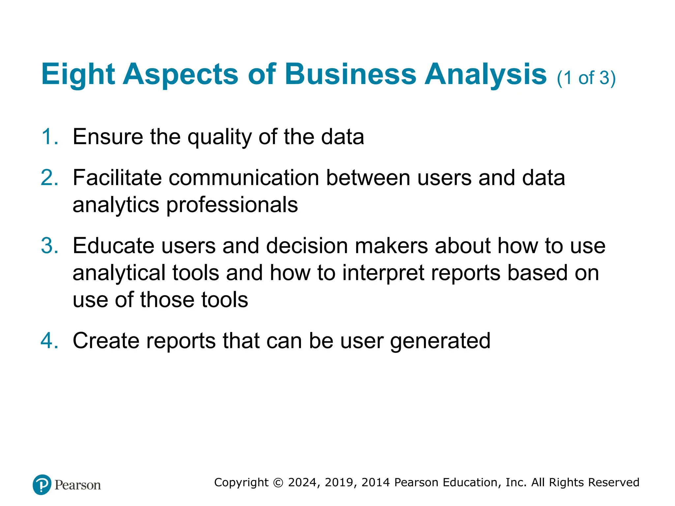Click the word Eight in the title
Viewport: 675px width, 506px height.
tap(78, 74)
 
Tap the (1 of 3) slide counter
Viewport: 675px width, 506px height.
tap(586, 78)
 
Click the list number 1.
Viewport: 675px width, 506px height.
tap(49, 137)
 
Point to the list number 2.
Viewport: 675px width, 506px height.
tap(49, 178)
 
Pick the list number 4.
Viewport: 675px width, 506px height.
tap(49, 341)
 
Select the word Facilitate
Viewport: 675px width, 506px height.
tap(117, 178)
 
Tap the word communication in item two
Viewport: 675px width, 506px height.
tap(244, 178)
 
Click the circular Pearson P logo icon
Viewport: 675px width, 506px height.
tap(42, 485)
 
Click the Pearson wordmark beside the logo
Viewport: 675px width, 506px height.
tap(78, 485)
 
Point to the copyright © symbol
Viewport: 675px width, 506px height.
tap(278, 483)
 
